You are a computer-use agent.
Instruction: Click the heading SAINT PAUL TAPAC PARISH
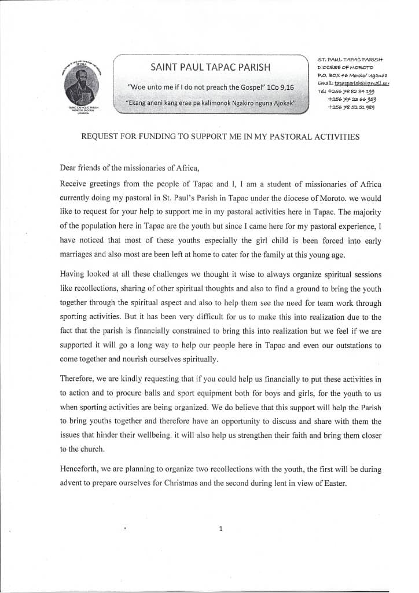[x=209, y=67]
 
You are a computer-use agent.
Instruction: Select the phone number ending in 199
[x=351, y=91]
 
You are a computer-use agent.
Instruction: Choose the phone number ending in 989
[x=351, y=107]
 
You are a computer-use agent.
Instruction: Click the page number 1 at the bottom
[x=220, y=528]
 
